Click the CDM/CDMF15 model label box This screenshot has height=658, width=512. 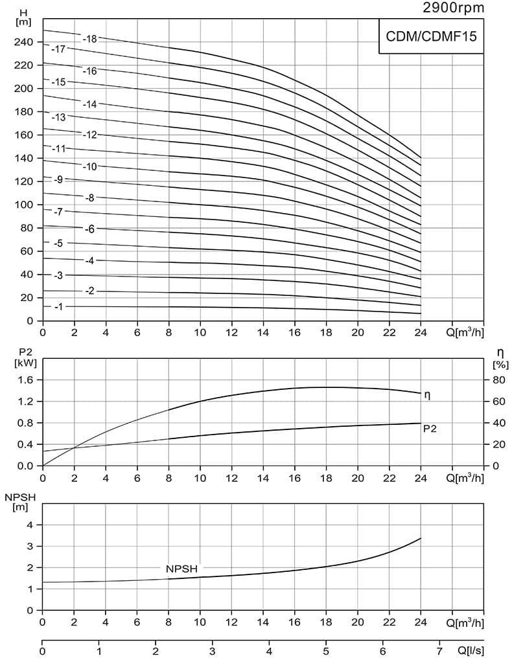(x=431, y=37)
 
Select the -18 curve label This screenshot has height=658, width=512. (x=89, y=39)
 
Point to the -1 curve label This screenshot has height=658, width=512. (x=58, y=306)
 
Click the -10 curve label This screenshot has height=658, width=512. (x=89, y=166)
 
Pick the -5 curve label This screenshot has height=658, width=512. (x=58, y=244)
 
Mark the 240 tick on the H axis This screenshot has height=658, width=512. (x=25, y=42)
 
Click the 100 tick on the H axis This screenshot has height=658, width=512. (x=25, y=205)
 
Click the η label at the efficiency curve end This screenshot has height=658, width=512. (x=426, y=394)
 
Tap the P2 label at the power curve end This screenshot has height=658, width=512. (x=429, y=428)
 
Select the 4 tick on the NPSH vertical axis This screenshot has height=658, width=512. (x=29, y=525)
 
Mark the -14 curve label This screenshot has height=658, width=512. (x=89, y=104)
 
